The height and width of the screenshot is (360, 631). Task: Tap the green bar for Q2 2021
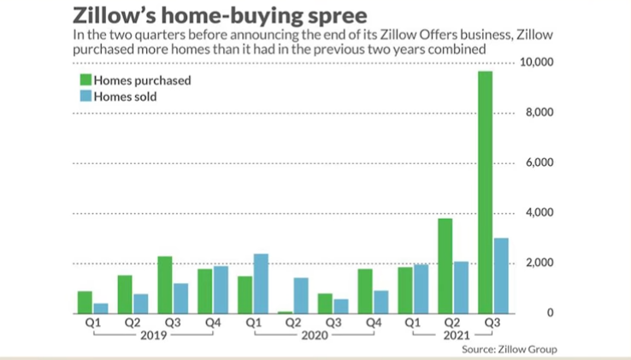pos(445,266)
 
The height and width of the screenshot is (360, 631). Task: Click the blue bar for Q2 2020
pos(302,295)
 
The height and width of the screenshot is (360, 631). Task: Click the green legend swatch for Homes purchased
pos(85,81)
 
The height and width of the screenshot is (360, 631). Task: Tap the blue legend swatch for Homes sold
pos(85,97)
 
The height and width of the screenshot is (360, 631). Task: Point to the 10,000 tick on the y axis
pos(537,63)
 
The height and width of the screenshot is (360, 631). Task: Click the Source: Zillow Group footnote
pos(509,350)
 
